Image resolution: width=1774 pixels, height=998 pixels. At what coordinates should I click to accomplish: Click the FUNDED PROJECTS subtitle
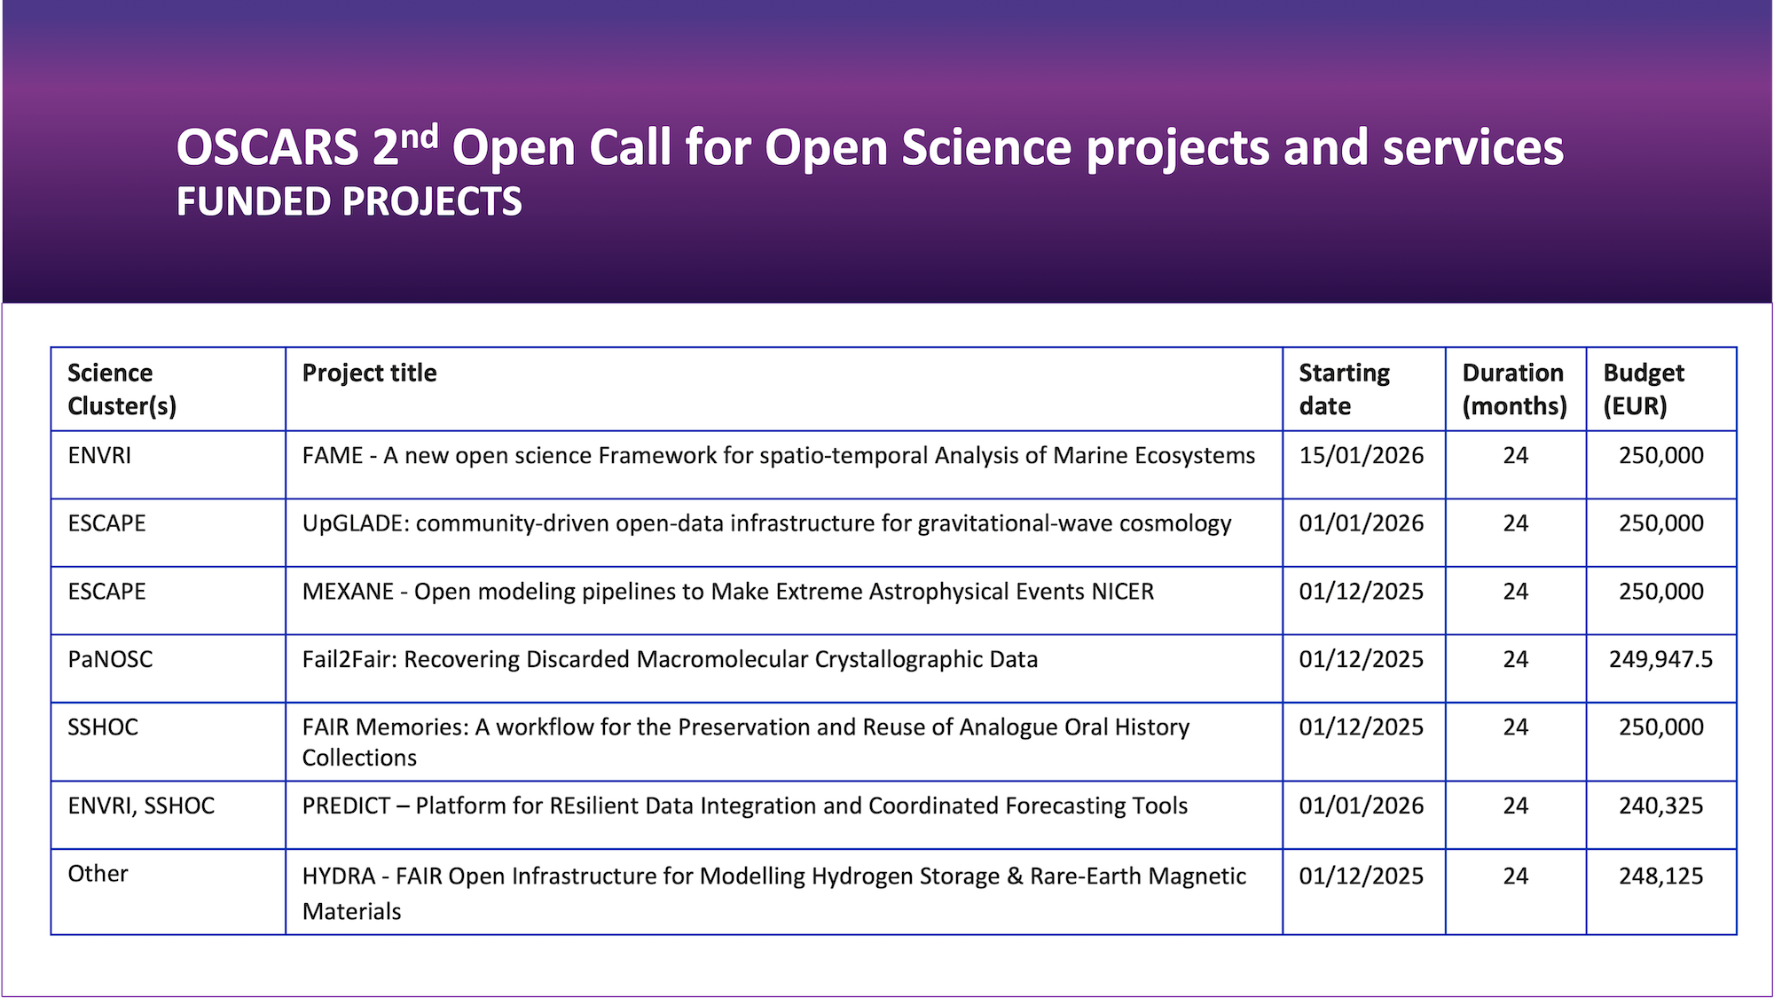[349, 202]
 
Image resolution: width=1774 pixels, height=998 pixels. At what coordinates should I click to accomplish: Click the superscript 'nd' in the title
[419, 138]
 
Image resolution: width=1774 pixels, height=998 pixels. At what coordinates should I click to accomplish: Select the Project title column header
[369, 373]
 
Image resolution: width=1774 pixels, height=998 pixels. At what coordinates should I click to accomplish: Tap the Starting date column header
[1344, 389]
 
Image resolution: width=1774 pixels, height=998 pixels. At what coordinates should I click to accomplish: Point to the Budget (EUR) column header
[1643, 389]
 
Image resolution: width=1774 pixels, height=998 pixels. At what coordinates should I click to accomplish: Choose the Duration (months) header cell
[1514, 389]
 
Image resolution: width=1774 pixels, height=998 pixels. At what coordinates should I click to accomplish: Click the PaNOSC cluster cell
[110, 659]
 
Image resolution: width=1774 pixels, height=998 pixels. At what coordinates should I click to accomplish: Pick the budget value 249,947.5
[1660, 659]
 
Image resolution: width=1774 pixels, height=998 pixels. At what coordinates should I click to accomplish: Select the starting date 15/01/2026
[1361, 455]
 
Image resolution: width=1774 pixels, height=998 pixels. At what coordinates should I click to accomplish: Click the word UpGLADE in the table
[355, 523]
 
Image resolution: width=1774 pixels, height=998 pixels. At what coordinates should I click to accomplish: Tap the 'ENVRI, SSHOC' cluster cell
[141, 805]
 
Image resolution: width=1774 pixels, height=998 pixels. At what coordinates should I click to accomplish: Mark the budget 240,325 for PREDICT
[1660, 805]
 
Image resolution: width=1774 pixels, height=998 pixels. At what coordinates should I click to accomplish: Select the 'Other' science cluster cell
[98, 874]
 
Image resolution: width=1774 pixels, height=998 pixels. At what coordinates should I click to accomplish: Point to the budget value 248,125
[1660, 876]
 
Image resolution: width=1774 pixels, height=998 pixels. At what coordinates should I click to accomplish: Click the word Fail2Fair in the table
[349, 659]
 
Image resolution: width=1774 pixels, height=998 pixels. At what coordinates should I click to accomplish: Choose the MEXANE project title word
[347, 592]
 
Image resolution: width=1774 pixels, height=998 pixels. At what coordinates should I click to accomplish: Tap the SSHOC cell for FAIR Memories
[103, 727]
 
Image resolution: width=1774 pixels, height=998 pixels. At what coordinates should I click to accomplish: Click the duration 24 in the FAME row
[1515, 455]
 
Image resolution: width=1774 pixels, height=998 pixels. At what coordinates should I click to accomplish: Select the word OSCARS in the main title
[267, 148]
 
